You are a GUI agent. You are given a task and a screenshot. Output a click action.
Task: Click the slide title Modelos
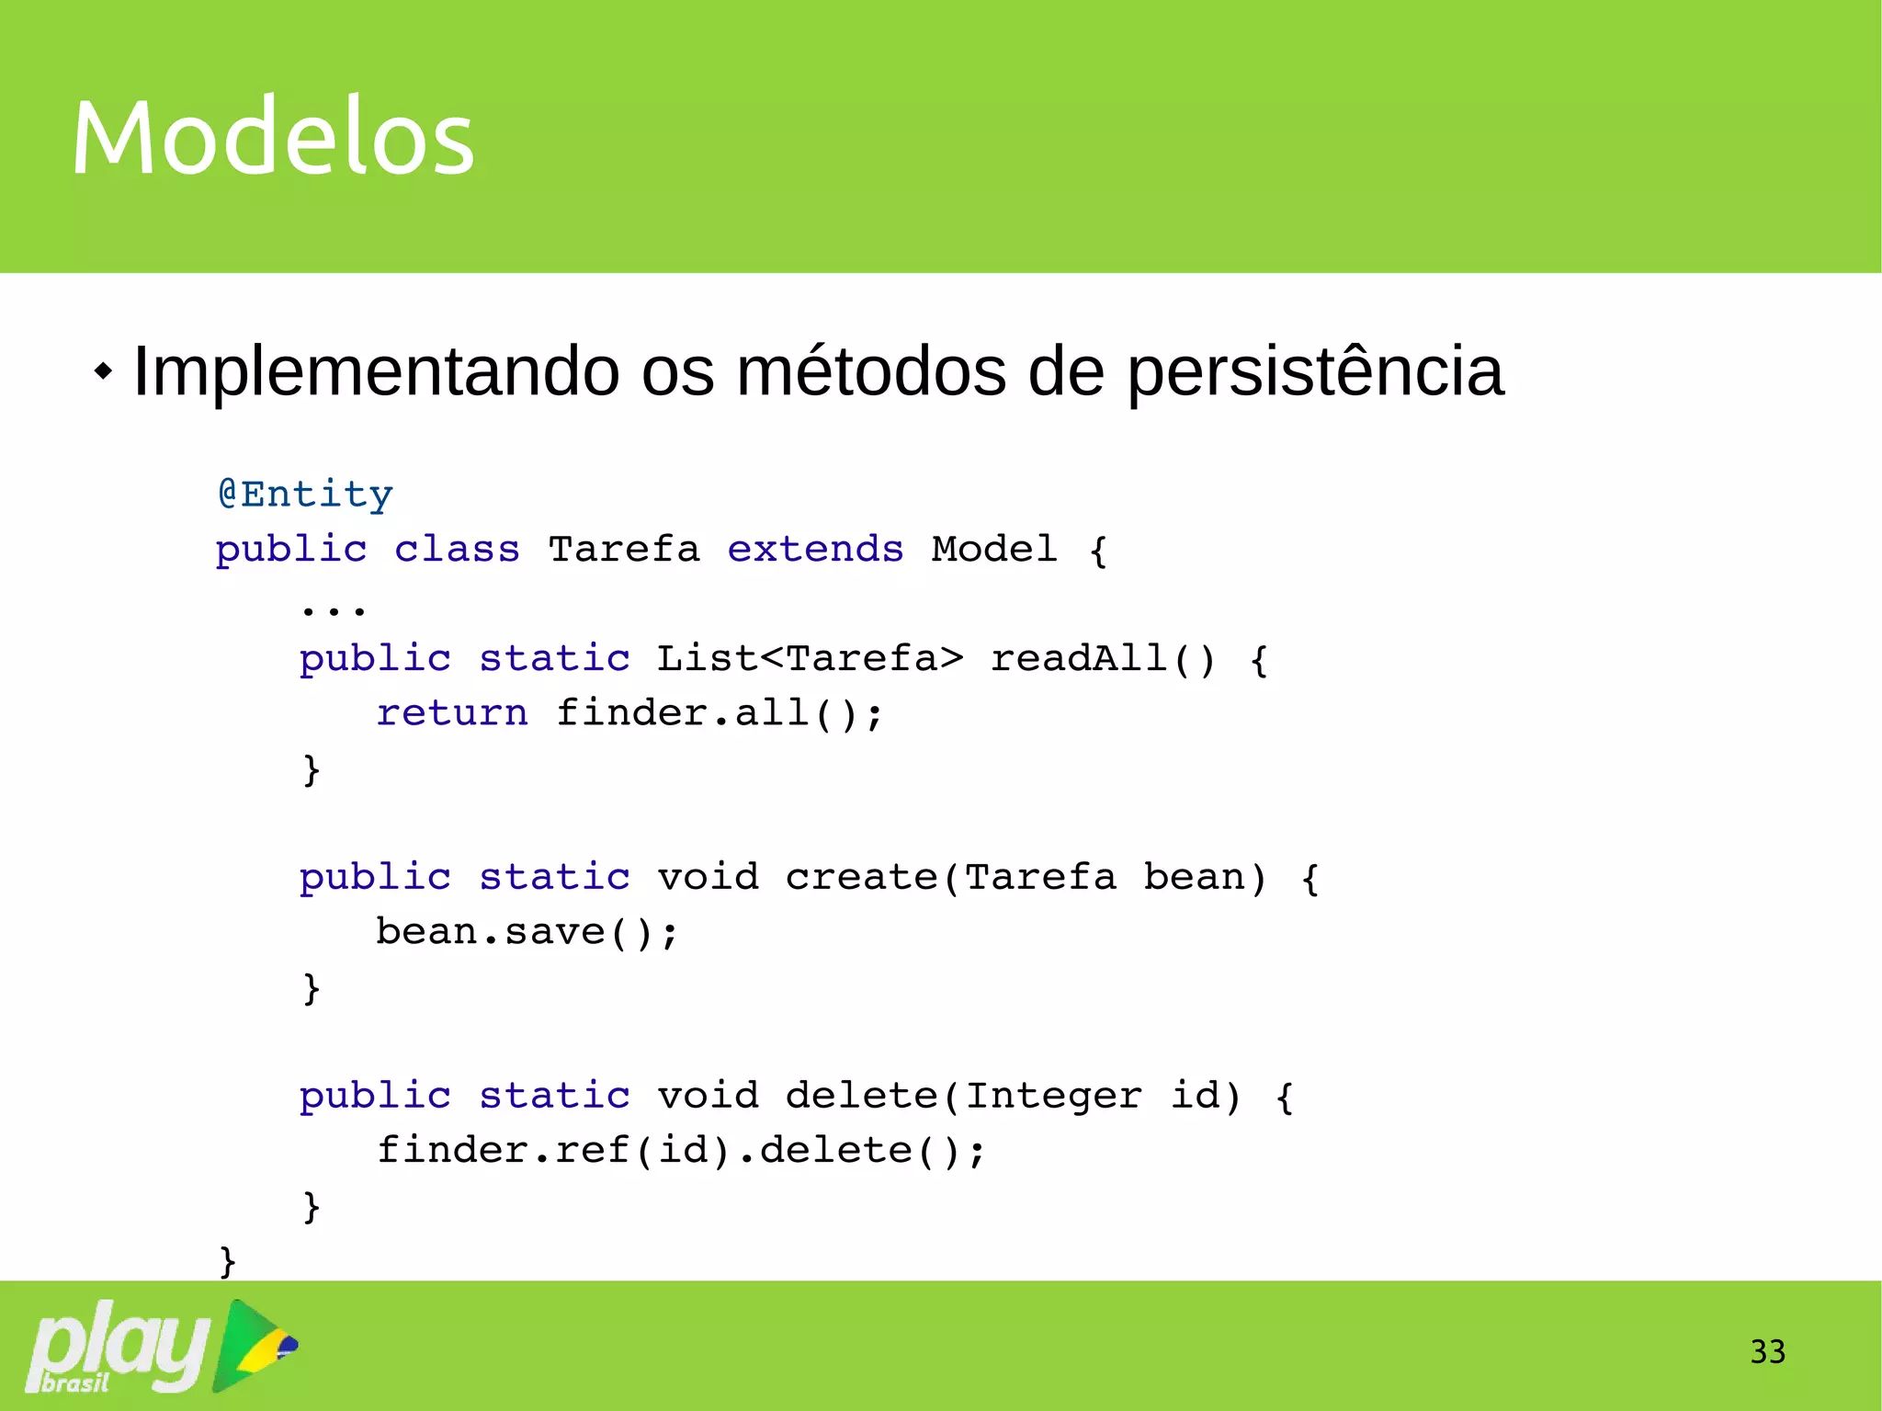point(273,138)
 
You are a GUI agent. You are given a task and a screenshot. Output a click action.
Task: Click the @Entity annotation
point(305,495)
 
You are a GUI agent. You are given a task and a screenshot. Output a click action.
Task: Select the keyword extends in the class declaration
point(815,550)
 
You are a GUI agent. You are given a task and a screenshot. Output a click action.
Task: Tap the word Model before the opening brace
point(993,549)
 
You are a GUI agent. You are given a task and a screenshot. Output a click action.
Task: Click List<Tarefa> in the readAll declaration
point(810,658)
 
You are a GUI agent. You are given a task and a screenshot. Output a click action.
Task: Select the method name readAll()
point(1102,658)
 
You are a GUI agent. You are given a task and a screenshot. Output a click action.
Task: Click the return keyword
point(452,713)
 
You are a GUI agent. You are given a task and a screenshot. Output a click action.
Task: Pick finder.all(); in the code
point(719,713)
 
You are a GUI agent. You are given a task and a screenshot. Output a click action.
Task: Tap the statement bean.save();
point(527,932)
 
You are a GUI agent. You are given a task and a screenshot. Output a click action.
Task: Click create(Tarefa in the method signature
point(950,877)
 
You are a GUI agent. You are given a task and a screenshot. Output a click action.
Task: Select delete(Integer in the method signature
point(963,1096)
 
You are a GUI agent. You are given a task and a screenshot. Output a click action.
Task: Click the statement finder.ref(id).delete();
point(681,1151)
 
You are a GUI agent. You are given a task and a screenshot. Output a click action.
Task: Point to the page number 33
point(1767,1352)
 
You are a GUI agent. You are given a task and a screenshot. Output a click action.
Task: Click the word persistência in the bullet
point(1315,372)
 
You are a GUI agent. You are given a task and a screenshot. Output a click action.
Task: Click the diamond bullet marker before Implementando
point(104,372)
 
